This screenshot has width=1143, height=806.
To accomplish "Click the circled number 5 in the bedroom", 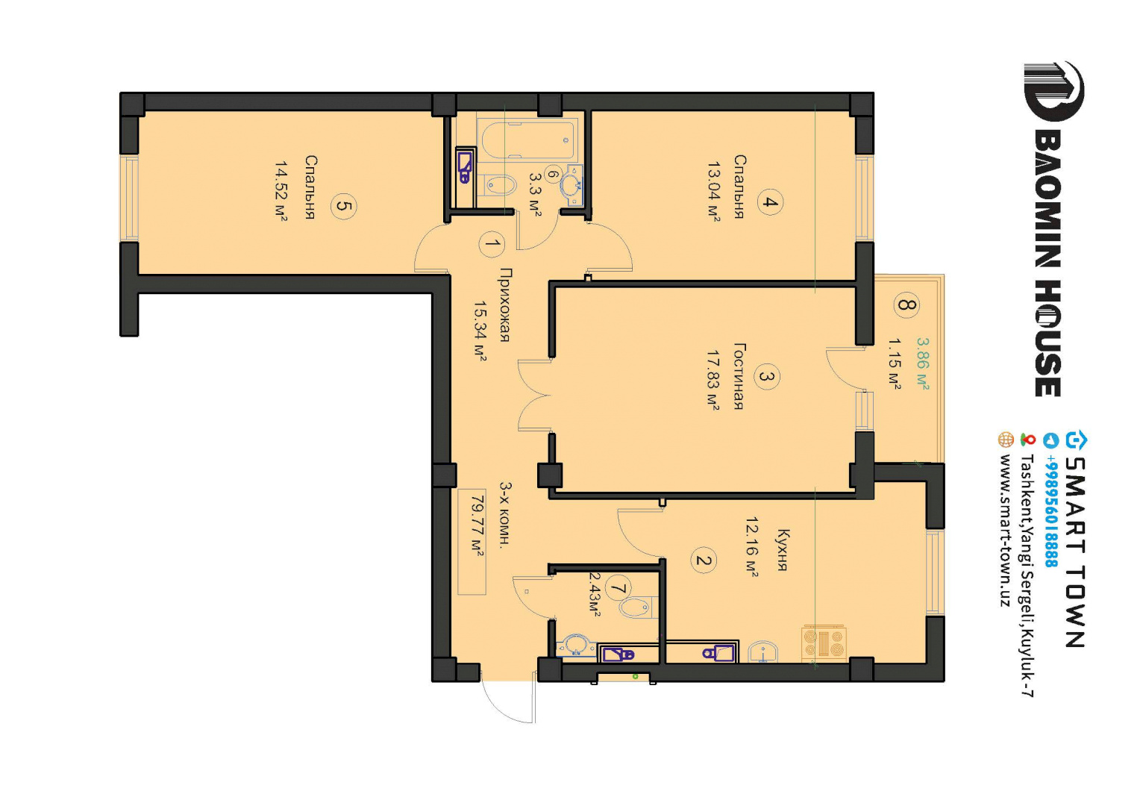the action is click(x=343, y=206).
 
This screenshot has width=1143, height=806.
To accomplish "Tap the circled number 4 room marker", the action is click(x=770, y=202).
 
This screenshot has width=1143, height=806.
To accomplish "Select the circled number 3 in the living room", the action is click(x=766, y=377).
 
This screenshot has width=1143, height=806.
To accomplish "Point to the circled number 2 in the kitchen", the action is click(x=703, y=560).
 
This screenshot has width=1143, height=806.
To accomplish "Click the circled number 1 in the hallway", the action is click(x=492, y=243).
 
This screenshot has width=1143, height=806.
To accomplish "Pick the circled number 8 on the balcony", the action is click(x=906, y=305).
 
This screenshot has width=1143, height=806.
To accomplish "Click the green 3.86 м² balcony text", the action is click(x=923, y=363).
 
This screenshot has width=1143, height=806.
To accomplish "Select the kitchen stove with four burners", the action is click(x=824, y=643).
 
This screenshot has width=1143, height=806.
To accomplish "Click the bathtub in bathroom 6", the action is click(x=527, y=140).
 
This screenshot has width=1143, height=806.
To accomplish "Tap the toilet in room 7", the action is click(x=636, y=607).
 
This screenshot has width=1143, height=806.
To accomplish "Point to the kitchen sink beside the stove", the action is click(x=762, y=652).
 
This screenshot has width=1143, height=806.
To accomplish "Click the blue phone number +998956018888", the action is click(x=1051, y=511).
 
